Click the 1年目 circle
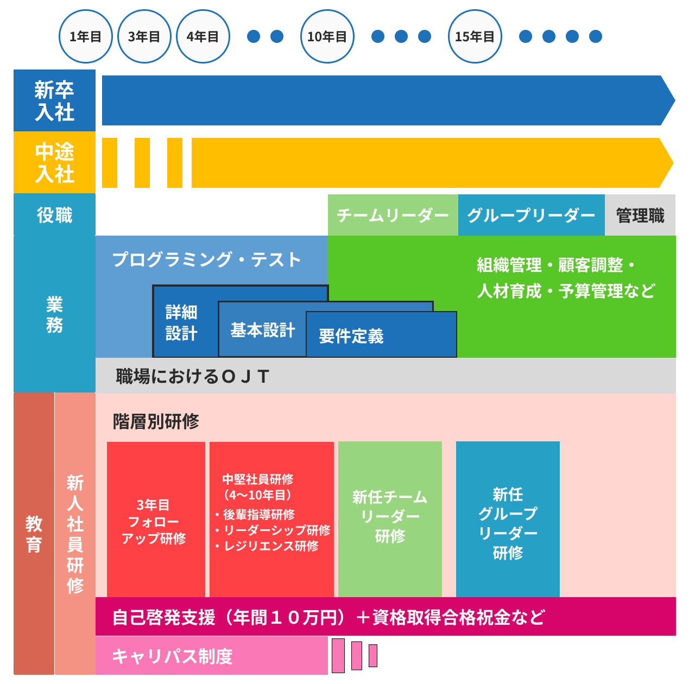point(86,36)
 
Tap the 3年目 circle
point(144,36)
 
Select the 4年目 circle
point(203,36)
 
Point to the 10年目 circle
point(327,36)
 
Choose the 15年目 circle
point(475,36)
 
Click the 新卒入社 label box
point(54,100)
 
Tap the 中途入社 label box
point(54,162)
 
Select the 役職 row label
point(54,215)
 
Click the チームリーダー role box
point(393,216)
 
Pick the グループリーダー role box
point(531,216)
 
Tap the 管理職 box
point(640,216)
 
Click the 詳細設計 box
point(182,322)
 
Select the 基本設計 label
point(263,330)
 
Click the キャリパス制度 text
point(172,656)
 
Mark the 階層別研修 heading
point(156,421)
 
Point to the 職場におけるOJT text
point(193,376)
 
